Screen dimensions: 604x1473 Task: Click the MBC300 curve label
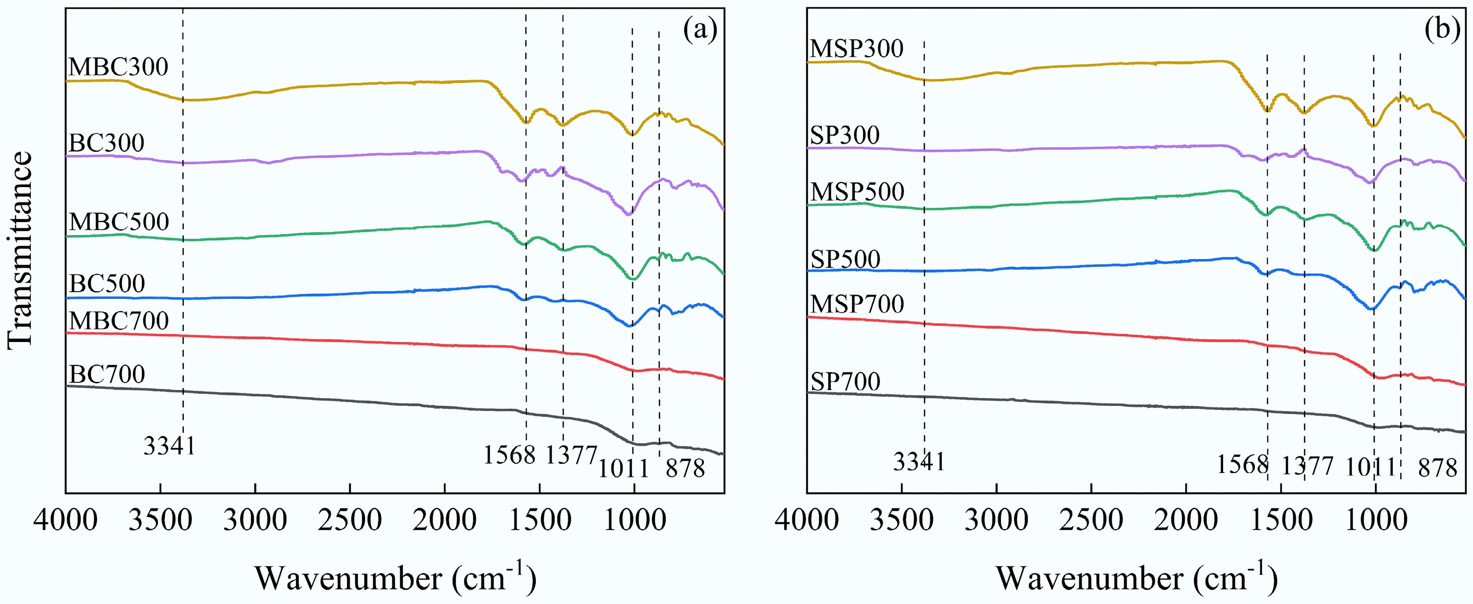(118, 67)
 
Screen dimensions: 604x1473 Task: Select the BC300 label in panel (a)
(106, 143)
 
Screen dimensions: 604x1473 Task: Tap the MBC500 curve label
(119, 221)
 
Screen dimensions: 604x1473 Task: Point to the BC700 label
(107, 374)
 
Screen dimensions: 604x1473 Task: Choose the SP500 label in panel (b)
(845, 259)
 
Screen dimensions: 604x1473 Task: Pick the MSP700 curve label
(857, 304)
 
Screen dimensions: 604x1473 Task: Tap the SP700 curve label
(845, 381)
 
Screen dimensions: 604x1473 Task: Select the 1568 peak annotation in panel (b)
(1242, 464)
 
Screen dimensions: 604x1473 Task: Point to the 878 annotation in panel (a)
(685, 469)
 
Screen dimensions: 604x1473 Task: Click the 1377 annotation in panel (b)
(1307, 466)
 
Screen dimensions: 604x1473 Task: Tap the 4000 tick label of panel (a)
(66, 521)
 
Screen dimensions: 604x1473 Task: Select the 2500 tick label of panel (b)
(1091, 521)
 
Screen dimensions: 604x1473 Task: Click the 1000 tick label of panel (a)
(634, 521)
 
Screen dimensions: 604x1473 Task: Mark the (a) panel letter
(700, 30)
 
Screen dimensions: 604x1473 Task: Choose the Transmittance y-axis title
(21, 250)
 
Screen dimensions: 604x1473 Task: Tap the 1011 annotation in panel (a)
(623, 469)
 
